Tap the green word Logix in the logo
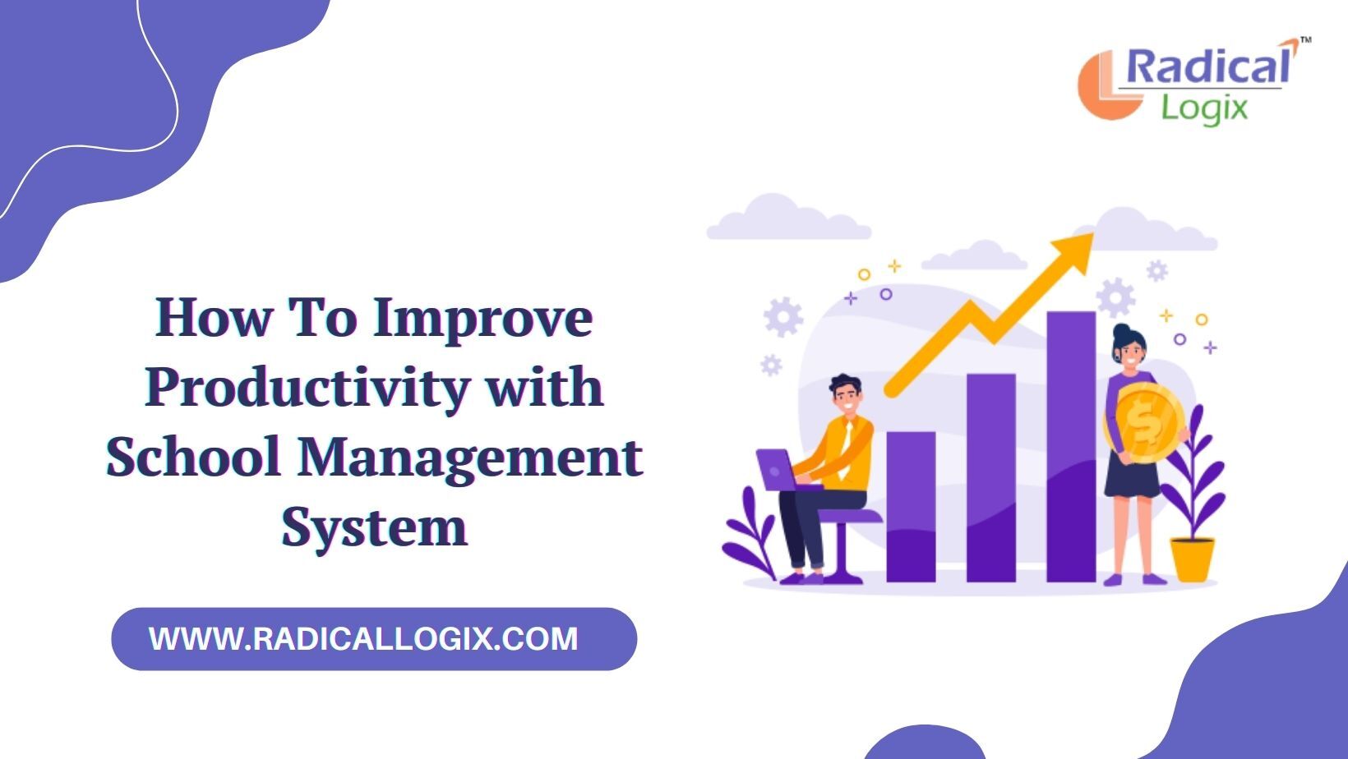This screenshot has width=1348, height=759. click(x=1204, y=109)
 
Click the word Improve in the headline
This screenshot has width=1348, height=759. click(x=482, y=320)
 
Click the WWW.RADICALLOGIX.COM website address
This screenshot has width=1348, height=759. click(x=363, y=639)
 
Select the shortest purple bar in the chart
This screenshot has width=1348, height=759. click(x=911, y=506)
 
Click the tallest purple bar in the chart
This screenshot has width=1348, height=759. click(x=1071, y=446)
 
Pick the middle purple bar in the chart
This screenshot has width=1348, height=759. click(x=991, y=477)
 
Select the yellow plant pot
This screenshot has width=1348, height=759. click(x=1192, y=559)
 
